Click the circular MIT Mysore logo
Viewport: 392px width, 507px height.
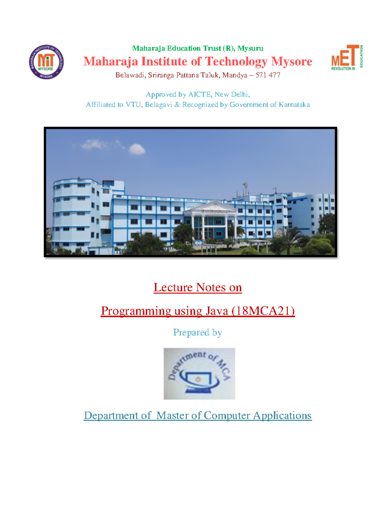point(46,62)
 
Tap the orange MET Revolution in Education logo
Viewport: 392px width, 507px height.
point(347,57)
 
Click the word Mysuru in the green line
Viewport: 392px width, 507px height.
point(250,48)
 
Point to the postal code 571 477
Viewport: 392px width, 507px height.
point(268,75)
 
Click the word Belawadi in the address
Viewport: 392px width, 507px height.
point(130,75)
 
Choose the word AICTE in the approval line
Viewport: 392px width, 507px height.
point(200,94)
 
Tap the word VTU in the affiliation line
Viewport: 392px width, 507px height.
point(133,104)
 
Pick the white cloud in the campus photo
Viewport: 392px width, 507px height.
point(137,150)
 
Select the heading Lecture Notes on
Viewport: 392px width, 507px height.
point(198,287)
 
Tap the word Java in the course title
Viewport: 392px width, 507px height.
point(217,310)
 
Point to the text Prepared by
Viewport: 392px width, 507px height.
point(198,332)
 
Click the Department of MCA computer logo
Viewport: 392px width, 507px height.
point(199,373)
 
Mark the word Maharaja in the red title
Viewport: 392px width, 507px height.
point(111,61)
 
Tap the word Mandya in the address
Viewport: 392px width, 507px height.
point(235,75)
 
